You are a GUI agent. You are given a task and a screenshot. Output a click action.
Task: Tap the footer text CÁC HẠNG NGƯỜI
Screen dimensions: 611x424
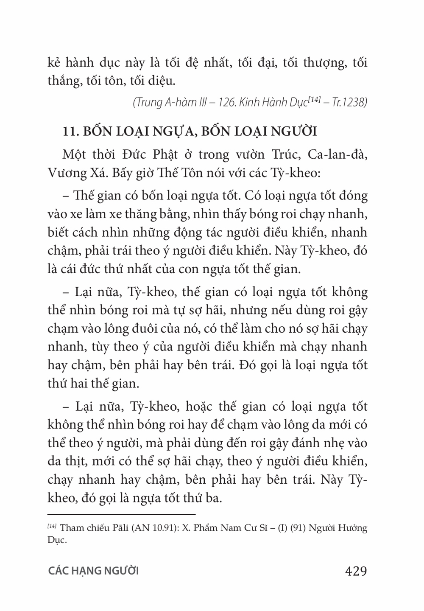[93, 571]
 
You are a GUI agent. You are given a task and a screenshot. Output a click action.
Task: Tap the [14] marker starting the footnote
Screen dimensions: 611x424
[52, 527]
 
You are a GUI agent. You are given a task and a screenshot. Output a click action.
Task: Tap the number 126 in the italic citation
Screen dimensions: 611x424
[230, 103]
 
